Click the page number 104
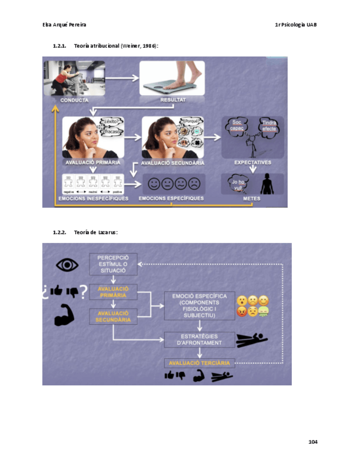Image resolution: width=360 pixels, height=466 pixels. pyautogui.click(x=313, y=442)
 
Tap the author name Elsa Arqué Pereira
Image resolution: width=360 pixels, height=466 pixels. pyautogui.click(x=64, y=25)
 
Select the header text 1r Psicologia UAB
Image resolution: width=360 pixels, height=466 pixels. pyautogui.click(x=296, y=25)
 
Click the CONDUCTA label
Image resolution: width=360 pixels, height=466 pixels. pyautogui.click(x=74, y=100)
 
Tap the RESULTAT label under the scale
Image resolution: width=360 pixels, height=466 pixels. pyautogui.click(x=173, y=100)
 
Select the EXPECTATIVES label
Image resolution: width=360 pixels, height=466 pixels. pyautogui.click(x=252, y=163)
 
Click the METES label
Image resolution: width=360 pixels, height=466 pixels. pyautogui.click(x=252, y=198)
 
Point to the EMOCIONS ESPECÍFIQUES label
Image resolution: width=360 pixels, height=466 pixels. pyautogui.click(x=171, y=198)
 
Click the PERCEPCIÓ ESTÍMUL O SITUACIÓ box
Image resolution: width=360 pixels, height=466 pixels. pyautogui.click(x=113, y=264)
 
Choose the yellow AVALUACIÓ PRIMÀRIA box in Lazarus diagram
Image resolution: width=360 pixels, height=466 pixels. pyautogui.click(x=113, y=292)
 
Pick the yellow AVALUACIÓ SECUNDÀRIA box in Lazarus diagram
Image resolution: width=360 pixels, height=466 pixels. pyautogui.click(x=113, y=317)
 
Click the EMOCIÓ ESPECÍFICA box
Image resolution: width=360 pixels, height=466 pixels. pyautogui.click(x=199, y=306)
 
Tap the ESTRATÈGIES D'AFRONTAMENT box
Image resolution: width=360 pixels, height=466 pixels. pyautogui.click(x=199, y=340)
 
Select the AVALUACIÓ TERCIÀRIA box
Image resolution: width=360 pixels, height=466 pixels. pyautogui.click(x=199, y=363)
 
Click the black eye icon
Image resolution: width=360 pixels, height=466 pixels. pyautogui.click(x=67, y=265)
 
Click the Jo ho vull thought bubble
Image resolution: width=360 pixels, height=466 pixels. pyautogui.click(x=238, y=184)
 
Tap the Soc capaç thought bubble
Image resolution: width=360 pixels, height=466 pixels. pyautogui.click(x=237, y=125)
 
